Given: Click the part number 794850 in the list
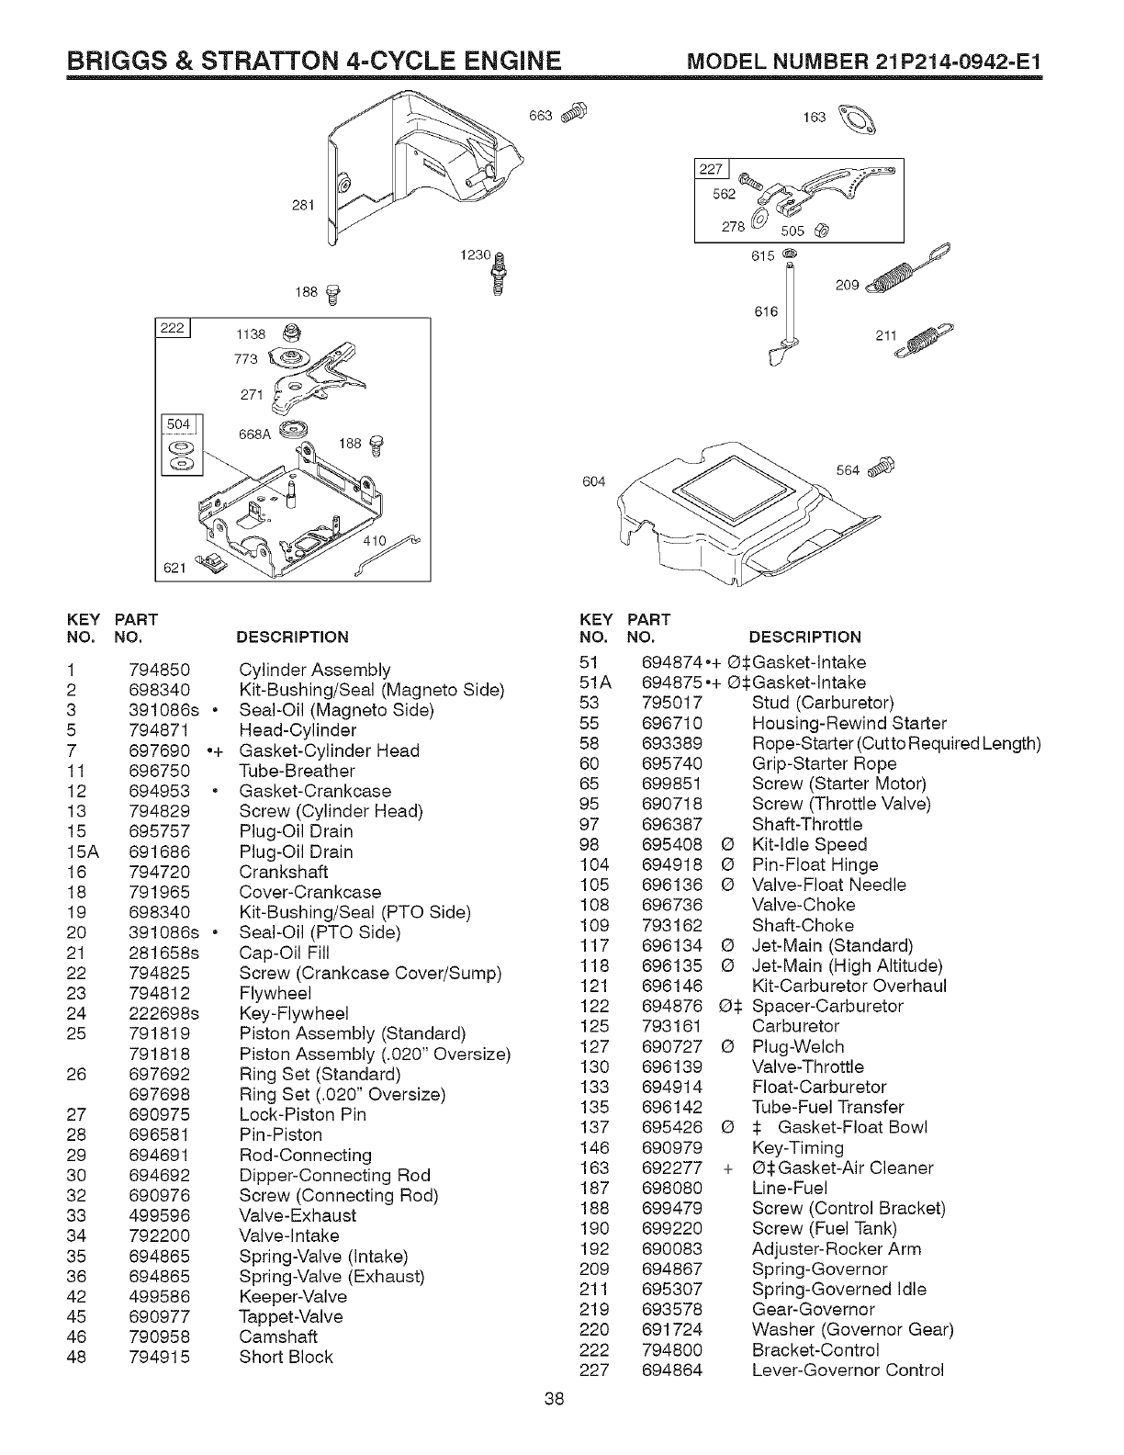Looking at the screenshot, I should [x=160, y=670].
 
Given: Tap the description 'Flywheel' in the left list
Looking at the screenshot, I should [x=275, y=993].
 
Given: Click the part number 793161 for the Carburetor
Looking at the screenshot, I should [x=672, y=1026].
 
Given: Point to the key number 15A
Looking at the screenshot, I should [x=83, y=852].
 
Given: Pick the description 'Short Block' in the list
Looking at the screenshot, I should [x=286, y=1357].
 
